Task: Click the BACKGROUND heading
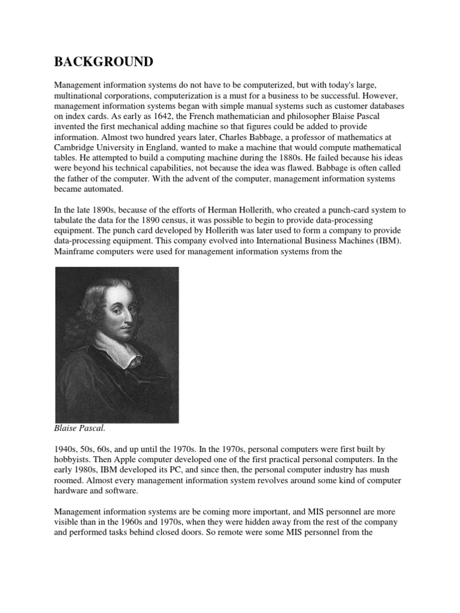104,62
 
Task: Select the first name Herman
225,210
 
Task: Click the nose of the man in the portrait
125,312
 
